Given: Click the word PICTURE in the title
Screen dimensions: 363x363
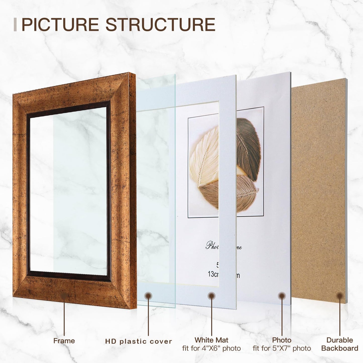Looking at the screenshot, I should (x=60, y=25).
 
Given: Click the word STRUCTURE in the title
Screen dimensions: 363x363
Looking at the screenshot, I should (x=160, y=25).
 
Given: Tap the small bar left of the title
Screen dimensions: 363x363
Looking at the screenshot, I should (x=15, y=25).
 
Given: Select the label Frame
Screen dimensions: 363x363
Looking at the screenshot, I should (x=64, y=341).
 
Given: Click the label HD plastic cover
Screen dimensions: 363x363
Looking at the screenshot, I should (x=138, y=341).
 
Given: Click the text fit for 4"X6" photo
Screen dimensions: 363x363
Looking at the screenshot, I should (x=211, y=348).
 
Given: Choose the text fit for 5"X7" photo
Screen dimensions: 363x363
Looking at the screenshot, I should (x=282, y=348).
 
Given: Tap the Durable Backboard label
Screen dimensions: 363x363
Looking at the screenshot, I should (x=340, y=344).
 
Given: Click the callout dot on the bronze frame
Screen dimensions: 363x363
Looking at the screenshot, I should (x=64, y=296).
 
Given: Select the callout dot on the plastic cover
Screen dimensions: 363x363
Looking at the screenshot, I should (x=148, y=296).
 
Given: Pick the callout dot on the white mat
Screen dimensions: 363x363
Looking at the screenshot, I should (x=212, y=296).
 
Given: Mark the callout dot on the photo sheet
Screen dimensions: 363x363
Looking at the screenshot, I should (x=282, y=296).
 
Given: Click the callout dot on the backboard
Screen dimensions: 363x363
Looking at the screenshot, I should (x=340, y=296).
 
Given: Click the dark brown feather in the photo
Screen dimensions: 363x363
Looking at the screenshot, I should (x=247, y=148).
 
